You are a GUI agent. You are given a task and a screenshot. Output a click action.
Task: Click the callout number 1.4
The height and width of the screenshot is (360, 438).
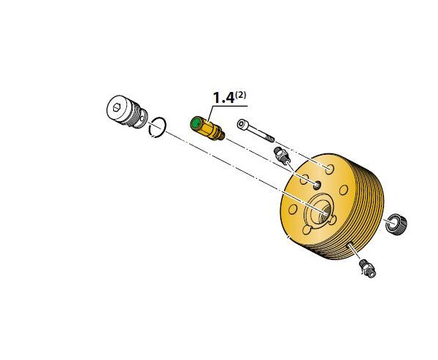[223, 98]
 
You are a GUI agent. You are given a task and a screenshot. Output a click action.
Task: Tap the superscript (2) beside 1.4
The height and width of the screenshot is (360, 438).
[241, 95]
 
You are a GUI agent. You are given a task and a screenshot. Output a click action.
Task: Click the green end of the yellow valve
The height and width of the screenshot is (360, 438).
[195, 123]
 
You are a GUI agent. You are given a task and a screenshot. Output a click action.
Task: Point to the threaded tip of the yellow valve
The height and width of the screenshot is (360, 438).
[221, 136]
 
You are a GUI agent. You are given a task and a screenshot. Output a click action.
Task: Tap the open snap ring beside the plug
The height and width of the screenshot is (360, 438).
[158, 127]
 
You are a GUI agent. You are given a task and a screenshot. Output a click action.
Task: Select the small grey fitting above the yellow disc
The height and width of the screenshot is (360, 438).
[282, 156]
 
